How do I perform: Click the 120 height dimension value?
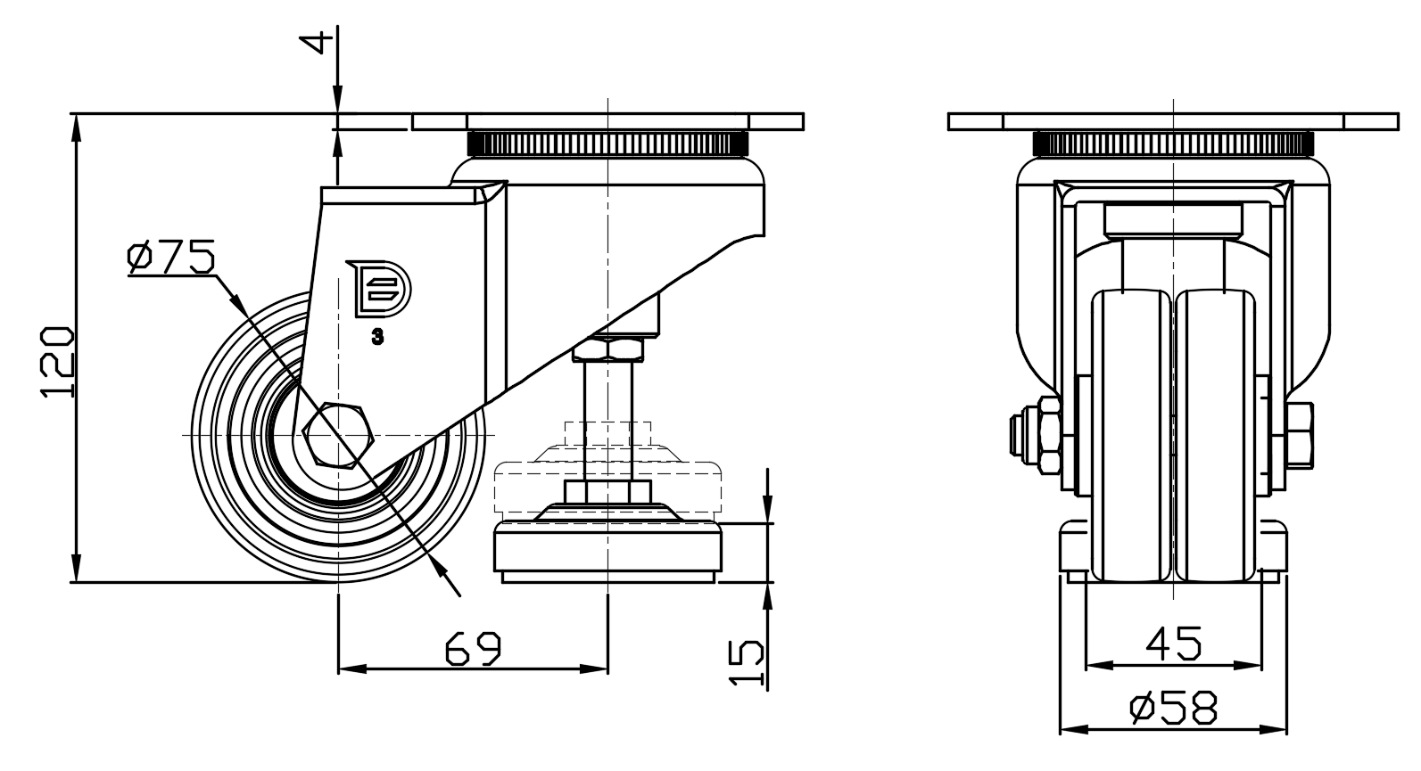pos(58,362)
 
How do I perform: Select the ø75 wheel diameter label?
pos(171,257)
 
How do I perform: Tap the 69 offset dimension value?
pos(474,649)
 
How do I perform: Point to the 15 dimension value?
pos(747,663)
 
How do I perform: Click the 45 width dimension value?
pos(1174,643)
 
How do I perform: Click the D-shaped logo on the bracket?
pos(379,288)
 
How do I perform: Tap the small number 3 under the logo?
pos(377,337)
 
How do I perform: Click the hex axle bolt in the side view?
pos(339,434)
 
